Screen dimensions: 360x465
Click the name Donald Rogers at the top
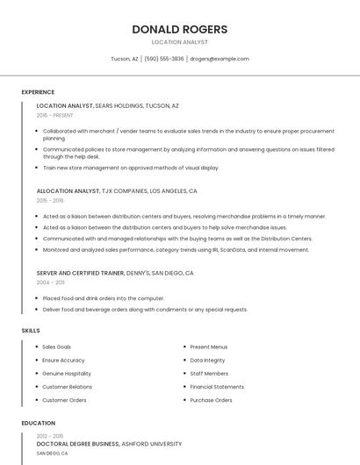179,29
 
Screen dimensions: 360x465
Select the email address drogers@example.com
220,59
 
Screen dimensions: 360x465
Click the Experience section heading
38,92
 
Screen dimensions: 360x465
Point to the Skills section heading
31,330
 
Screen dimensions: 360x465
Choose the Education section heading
39,423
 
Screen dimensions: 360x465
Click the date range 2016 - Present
55,115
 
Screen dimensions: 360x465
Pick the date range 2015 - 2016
50,200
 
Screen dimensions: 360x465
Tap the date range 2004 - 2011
50,283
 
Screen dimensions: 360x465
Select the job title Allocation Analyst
68,190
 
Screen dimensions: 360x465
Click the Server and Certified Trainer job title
80,273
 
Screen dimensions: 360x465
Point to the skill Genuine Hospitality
67,373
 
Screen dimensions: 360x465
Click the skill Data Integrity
207,360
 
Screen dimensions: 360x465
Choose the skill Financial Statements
217,386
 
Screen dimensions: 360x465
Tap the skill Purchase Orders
211,400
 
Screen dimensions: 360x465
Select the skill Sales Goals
57,347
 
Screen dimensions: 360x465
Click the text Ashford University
152,444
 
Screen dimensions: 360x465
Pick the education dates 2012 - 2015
50,436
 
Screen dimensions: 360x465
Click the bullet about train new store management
131,168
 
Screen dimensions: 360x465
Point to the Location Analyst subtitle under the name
179,41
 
